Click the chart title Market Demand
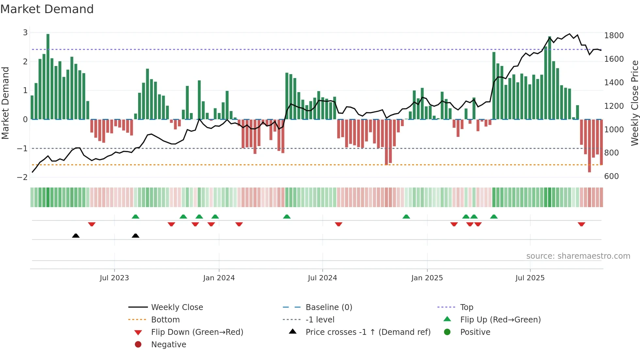tap(47, 9)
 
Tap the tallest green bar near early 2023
tap(48, 77)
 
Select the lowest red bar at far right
tap(589, 146)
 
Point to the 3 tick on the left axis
tap(25, 33)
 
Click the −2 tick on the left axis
tap(23, 177)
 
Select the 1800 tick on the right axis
tap(614, 36)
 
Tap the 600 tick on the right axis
tap(611, 176)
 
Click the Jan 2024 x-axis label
tap(219, 278)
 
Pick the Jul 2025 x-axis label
tap(530, 278)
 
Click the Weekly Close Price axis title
tap(634, 103)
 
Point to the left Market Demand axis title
tap(5, 103)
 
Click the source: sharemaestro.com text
tap(578, 256)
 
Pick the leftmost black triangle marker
tap(76, 236)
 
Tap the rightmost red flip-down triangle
tap(581, 224)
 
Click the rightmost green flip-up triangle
tap(494, 217)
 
